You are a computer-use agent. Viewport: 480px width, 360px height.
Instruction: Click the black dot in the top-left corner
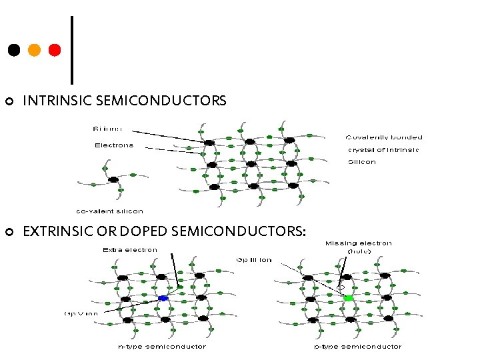(13, 50)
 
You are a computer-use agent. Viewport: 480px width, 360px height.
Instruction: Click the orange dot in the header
(34, 50)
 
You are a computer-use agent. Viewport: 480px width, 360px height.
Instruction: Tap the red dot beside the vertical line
(55, 50)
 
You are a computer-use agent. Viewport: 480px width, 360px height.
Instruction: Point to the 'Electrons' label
(113, 145)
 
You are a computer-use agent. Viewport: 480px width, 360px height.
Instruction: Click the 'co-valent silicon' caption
(109, 211)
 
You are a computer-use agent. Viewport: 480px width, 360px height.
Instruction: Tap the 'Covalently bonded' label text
(384, 137)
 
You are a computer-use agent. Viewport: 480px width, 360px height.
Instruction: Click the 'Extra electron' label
(130, 250)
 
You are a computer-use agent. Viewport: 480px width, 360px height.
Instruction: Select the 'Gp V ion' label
(81, 313)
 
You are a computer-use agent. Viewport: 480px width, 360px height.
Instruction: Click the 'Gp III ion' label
(254, 260)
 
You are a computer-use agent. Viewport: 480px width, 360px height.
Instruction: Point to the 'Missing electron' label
(359, 243)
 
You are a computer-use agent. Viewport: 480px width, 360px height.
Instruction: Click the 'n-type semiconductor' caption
(162, 346)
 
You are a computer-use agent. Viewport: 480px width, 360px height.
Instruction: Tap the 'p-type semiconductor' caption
(358, 346)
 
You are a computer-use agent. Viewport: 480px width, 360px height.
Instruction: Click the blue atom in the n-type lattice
(163, 298)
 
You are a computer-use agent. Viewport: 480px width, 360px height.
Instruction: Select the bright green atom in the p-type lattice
(348, 298)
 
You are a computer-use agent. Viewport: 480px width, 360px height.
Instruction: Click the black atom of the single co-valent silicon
(113, 179)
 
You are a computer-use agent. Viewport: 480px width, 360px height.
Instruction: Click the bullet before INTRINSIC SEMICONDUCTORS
(9, 102)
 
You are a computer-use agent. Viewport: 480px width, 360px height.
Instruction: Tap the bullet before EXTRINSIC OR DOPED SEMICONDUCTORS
(9, 232)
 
